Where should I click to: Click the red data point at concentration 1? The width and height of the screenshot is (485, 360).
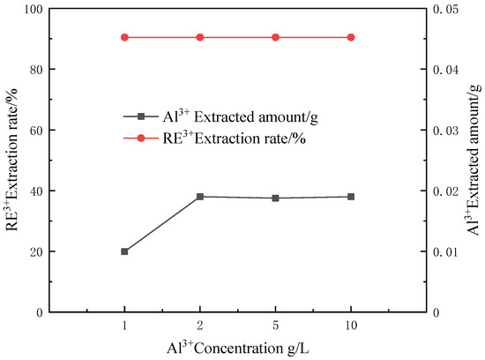(x=124, y=37)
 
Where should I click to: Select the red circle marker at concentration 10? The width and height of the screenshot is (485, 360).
(x=351, y=37)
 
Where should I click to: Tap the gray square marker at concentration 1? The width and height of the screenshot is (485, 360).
(x=124, y=251)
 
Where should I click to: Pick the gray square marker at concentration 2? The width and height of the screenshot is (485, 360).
(x=200, y=197)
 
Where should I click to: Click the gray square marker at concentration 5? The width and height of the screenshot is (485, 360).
(x=275, y=198)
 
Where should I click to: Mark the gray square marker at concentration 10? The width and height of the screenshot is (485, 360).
(x=351, y=197)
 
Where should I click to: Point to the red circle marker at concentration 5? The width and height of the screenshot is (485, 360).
(x=275, y=37)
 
